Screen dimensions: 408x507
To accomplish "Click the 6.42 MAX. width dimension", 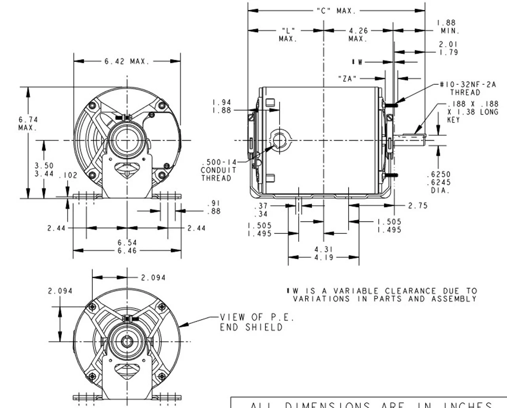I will pyautogui.click(x=127, y=61).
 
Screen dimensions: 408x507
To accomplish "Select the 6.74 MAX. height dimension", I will pyautogui.click(x=28, y=123).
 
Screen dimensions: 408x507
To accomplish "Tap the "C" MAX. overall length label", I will pyautogui.click(x=336, y=11).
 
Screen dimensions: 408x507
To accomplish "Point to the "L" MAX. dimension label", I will pyautogui.click(x=288, y=34).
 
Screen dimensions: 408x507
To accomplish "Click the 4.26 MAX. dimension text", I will pyautogui.click(x=358, y=34).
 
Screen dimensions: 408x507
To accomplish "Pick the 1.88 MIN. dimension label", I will pyautogui.click(x=448, y=27).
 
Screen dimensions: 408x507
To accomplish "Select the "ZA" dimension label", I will pyautogui.click(x=347, y=78).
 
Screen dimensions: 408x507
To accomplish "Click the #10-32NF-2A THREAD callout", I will pyautogui.click(x=467, y=88).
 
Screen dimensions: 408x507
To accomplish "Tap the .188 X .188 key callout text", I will pyautogui.click(x=472, y=112).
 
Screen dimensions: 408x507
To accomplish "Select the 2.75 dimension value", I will pyautogui.click(x=417, y=206).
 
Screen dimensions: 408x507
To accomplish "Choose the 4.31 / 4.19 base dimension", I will pyautogui.click(x=324, y=253).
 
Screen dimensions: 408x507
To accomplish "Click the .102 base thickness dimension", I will pyautogui.click(x=68, y=175).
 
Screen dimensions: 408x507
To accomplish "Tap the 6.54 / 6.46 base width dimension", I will pyautogui.click(x=127, y=246).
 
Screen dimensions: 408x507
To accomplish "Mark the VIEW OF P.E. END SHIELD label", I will pyautogui.click(x=257, y=322).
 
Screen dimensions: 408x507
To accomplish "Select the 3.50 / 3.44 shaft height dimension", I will pyautogui.click(x=44, y=170).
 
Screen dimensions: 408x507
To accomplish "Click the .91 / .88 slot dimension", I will pyautogui.click(x=214, y=208).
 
